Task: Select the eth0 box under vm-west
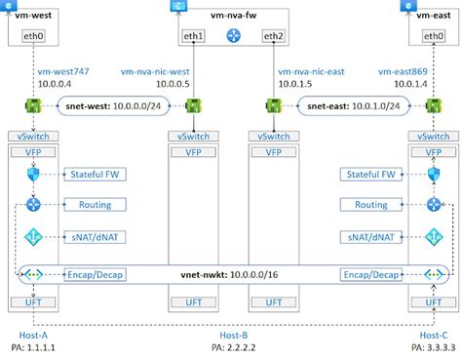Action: pos(32,37)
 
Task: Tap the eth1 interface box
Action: pos(194,37)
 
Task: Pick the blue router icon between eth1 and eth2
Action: pos(232,37)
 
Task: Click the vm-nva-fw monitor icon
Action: pos(179,6)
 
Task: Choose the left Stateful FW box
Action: pos(96,175)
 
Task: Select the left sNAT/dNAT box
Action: pos(96,236)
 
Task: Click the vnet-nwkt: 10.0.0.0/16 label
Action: pos(232,275)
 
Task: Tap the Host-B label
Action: pos(232,335)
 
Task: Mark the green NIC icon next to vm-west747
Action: pos(32,105)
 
